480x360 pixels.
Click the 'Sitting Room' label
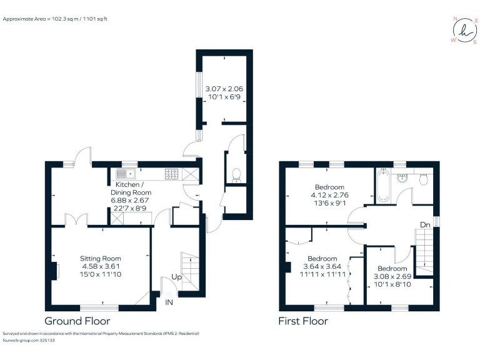tap(100, 258)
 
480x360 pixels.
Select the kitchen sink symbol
tap(125, 173)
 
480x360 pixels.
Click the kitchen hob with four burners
tap(172, 173)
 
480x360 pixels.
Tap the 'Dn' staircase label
tap(424, 224)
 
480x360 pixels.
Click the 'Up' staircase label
tap(177, 276)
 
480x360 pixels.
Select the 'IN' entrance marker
tap(169, 302)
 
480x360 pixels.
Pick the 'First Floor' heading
tap(303, 321)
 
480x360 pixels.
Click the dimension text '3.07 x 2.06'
tap(224, 89)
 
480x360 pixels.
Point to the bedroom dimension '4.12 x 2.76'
tap(329, 195)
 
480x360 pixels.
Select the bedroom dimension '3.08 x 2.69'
tap(392, 276)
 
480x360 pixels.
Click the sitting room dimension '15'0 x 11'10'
tap(100, 274)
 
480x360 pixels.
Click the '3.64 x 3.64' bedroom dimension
tap(322, 267)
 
